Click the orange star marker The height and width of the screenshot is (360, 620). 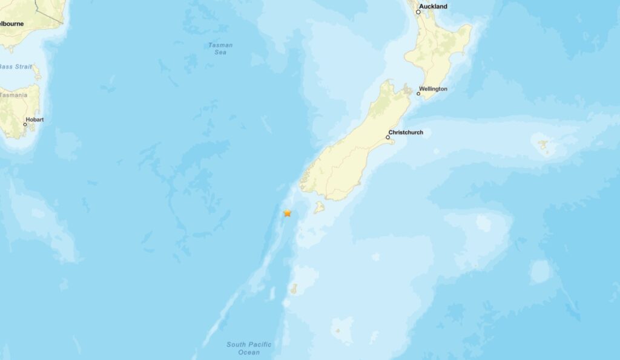(288, 213)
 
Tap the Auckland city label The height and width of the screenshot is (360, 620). (434, 7)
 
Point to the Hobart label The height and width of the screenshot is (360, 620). (36, 120)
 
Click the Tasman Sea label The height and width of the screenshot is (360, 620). (220, 48)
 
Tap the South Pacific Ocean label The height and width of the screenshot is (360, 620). (249, 349)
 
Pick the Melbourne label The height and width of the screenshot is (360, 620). (11, 23)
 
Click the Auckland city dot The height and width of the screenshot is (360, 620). (418, 12)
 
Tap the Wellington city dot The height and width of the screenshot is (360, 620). (418, 93)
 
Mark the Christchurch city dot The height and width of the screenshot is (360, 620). (387, 137)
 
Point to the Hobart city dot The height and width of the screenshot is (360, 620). (25, 125)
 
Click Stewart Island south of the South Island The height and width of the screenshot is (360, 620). (318, 209)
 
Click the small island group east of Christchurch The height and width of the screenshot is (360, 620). (543, 145)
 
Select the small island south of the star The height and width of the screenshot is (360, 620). (294, 289)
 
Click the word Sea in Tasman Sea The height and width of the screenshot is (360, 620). (220, 53)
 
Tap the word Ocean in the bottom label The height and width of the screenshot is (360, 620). (249, 352)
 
